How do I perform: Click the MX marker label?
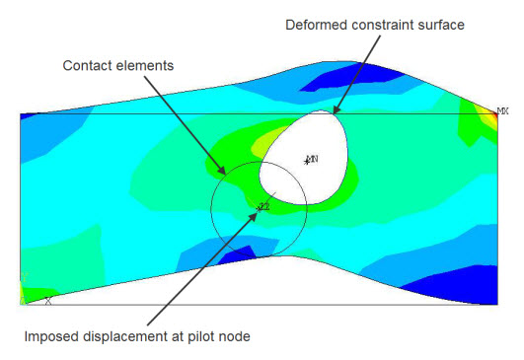[502, 110]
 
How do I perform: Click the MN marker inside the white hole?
[312, 159]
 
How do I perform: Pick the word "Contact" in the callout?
[87, 66]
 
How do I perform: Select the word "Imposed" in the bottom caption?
[50, 337]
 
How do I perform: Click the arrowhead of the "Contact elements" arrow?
[226, 174]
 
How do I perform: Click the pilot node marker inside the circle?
[263, 206]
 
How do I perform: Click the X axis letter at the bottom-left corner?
[47, 299]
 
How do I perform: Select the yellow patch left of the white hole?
[261, 151]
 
